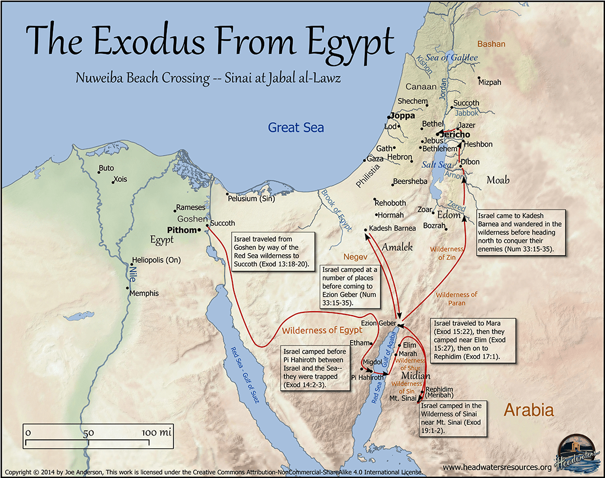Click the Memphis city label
(144, 293)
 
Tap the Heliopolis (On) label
(157, 260)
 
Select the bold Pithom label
(182, 230)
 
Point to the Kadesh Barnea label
(393, 228)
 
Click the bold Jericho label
(454, 135)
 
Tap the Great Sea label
(296, 128)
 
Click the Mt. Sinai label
(402, 398)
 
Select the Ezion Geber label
(378, 324)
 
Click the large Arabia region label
(528, 410)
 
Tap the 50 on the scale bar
(88, 433)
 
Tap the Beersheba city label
(410, 181)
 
